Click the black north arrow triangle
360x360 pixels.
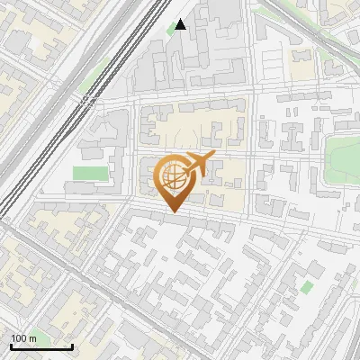(x=181, y=24)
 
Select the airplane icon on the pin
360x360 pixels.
(x=198, y=165)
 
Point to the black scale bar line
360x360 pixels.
(x=41, y=346)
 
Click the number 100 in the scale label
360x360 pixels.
(x=19, y=338)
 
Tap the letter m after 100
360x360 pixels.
(x=32, y=338)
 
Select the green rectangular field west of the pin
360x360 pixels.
(x=88, y=172)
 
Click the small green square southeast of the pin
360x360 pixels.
(x=307, y=286)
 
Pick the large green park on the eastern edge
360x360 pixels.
(x=342, y=157)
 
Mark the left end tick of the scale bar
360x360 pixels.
(x=11, y=346)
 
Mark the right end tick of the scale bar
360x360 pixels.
(x=72, y=346)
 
